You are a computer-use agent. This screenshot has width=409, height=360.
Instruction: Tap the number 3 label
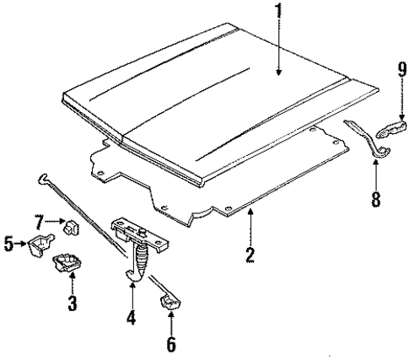coord(73,303)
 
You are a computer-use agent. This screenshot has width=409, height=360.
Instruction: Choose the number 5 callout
coord(9,246)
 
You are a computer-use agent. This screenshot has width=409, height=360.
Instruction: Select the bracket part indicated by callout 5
coord(37,247)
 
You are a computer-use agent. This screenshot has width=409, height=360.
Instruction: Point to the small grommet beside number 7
coord(72,226)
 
